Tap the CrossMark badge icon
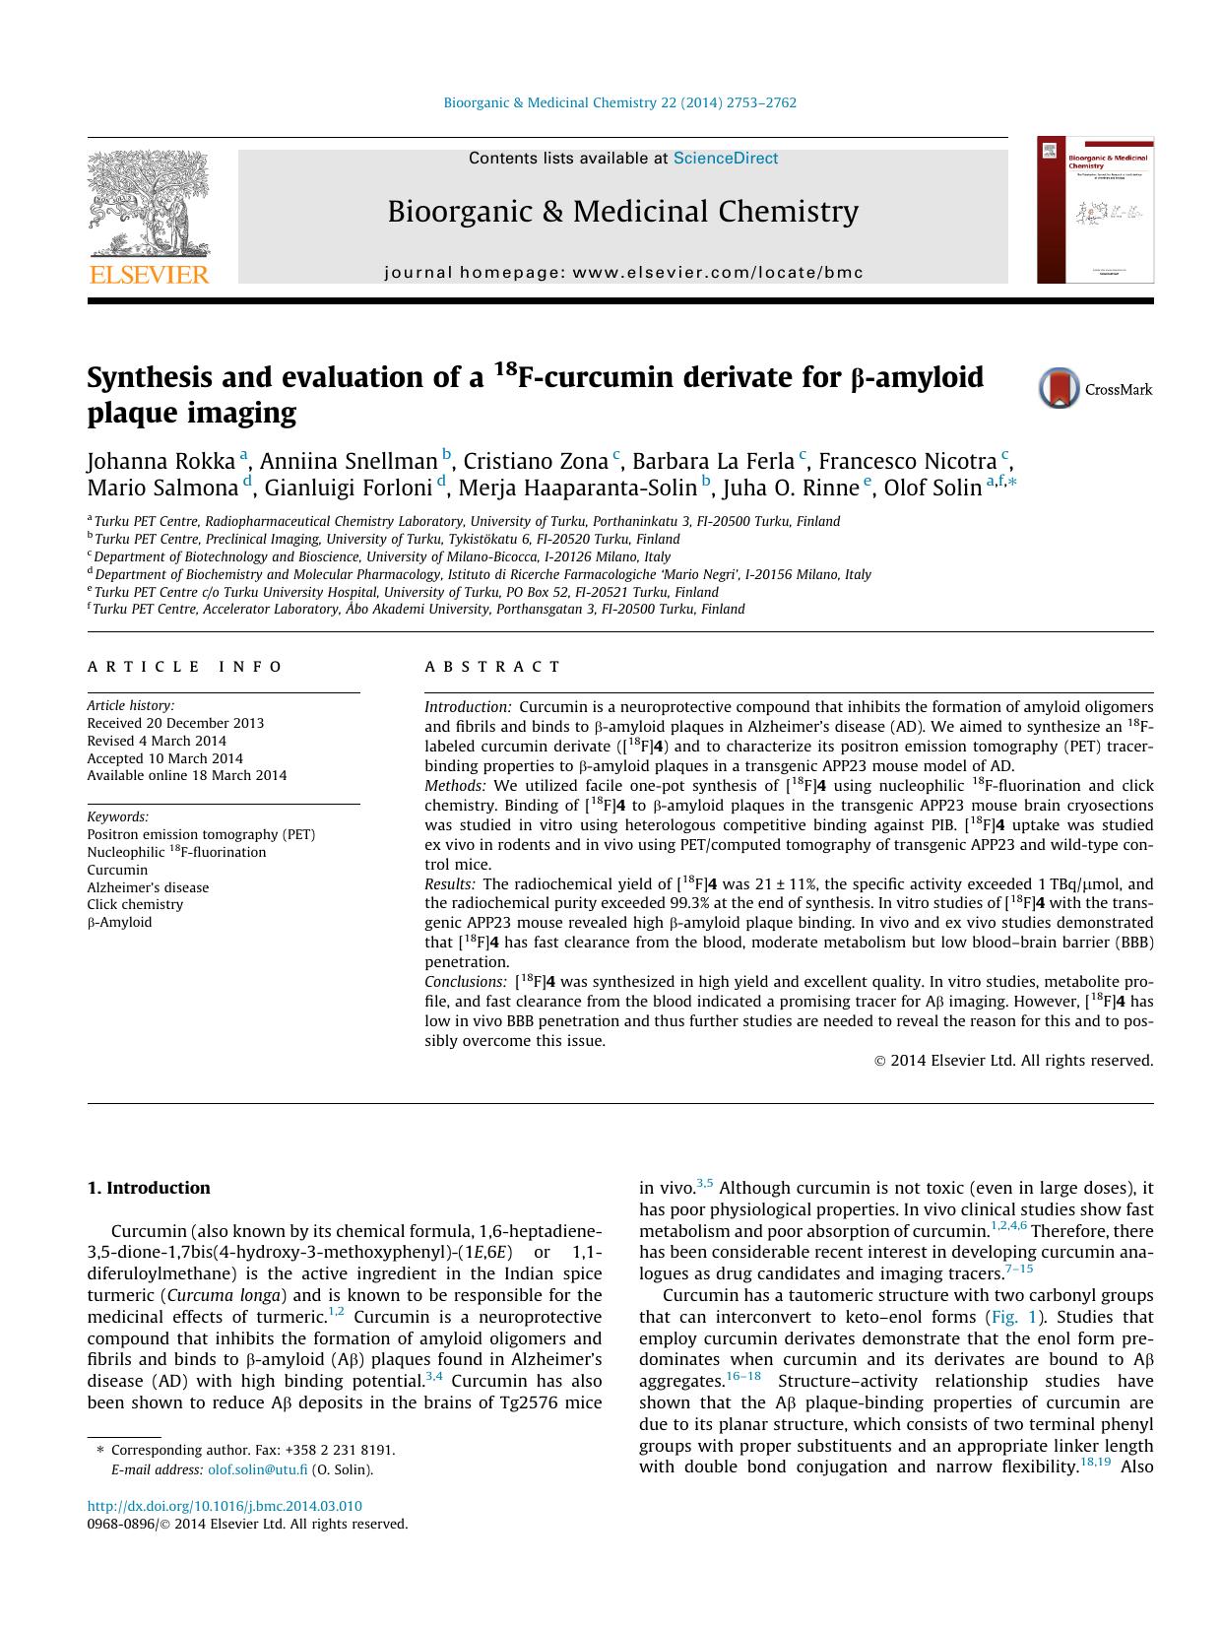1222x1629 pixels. pyautogui.click(x=1060, y=388)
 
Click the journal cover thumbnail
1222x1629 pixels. pyautogui.click(x=1095, y=210)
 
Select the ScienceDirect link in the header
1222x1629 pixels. pyautogui.click(x=725, y=159)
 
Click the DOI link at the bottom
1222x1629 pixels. pyautogui.click(x=225, y=1506)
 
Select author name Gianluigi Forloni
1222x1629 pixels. pyautogui.click(x=349, y=488)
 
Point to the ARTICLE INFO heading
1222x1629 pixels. pyautogui.click(x=185, y=667)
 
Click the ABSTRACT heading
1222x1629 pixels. pyautogui.click(x=492, y=667)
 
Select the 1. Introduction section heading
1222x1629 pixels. pyautogui.click(x=149, y=1188)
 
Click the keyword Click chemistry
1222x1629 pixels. pyautogui.click(x=135, y=904)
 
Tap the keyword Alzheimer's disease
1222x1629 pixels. pyautogui.click(x=148, y=887)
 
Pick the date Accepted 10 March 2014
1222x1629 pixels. pyautogui.click(x=164, y=758)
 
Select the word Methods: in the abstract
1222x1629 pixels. pyautogui.click(x=455, y=786)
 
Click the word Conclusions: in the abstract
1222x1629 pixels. pyautogui.click(x=465, y=982)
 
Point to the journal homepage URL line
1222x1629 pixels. pyautogui.click(x=623, y=273)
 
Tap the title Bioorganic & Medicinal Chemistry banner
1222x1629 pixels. pyautogui.click(x=622, y=212)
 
